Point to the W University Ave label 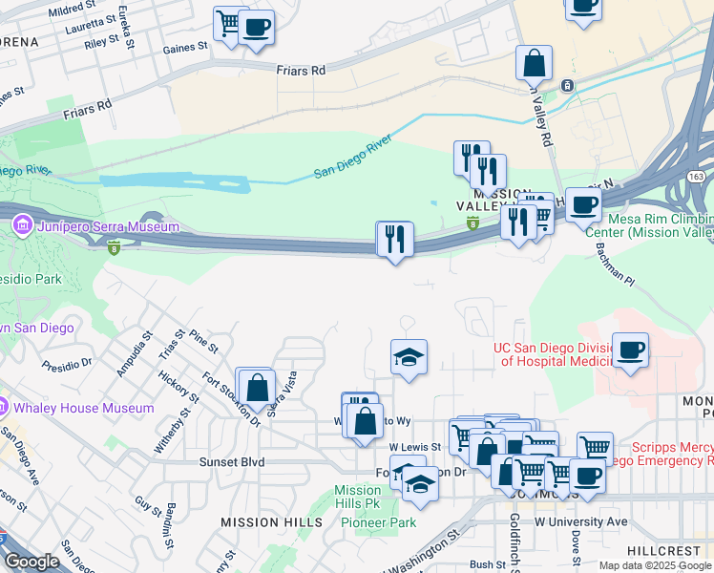(x=581, y=521)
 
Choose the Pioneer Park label (x=388, y=522)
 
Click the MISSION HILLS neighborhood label (x=271, y=522)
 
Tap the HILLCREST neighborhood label (x=664, y=552)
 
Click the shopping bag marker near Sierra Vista (x=256, y=387)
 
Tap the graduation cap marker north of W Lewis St (x=409, y=357)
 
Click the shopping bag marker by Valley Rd (x=535, y=63)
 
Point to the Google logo (x=31, y=562)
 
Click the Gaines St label (x=185, y=48)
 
